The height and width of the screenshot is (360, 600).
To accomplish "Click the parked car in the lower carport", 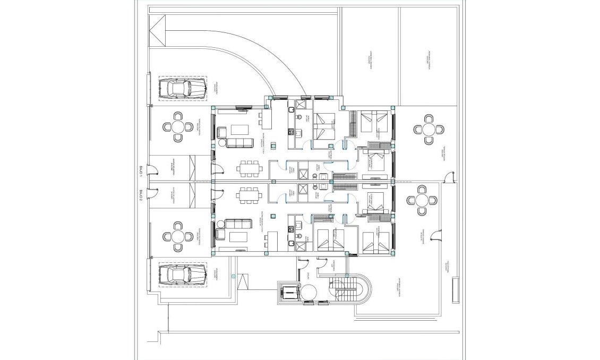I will pos(183,276).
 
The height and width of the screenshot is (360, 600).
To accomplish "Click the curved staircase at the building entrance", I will pos(348,294).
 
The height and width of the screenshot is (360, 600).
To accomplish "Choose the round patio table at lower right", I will pos(421,200).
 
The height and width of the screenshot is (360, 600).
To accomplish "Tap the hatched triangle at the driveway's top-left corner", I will pos(157,31).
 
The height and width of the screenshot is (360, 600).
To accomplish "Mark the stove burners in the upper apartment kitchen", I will pos(290,131).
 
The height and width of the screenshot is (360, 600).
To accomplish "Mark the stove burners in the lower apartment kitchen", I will pos(290,229).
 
